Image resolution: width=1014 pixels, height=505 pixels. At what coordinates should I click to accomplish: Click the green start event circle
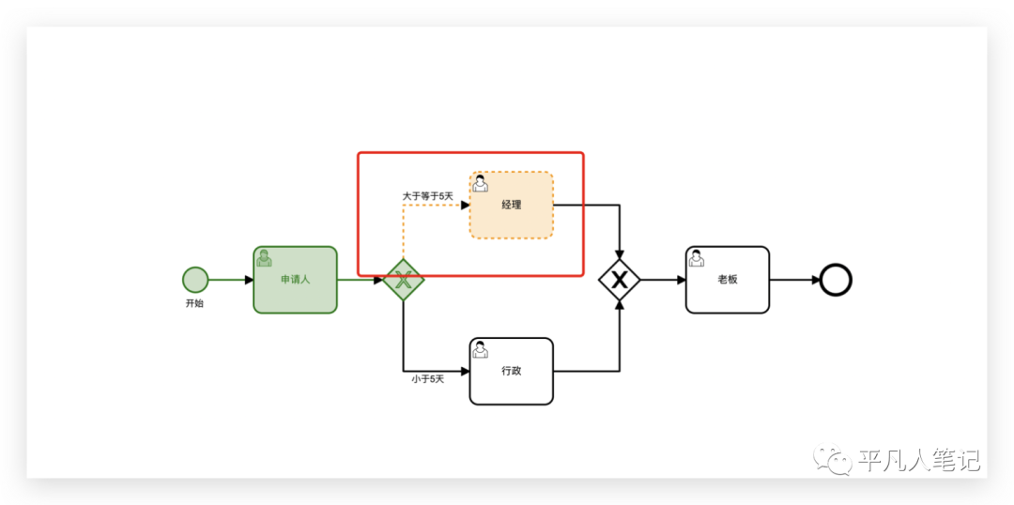[x=195, y=279]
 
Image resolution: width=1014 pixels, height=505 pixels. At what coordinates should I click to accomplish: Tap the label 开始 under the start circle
[x=194, y=304]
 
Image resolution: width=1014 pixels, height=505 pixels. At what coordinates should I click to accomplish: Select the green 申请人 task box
[x=295, y=279]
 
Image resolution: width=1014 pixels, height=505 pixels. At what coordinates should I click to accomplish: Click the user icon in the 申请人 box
[x=265, y=258]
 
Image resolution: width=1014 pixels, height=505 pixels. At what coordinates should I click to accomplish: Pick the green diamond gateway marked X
[x=404, y=279]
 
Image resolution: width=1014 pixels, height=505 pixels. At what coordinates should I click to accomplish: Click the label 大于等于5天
[x=428, y=196]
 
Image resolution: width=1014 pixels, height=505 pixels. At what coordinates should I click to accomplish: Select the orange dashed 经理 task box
[x=511, y=205]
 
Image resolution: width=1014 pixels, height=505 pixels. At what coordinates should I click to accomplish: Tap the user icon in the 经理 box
[x=480, y=183]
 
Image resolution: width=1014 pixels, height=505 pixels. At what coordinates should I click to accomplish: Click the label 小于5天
[x=427, y=379]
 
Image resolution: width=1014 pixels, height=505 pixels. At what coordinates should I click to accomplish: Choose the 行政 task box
[x=511, y=371]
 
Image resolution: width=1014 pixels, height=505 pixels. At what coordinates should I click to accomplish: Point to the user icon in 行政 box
[x=480, y=349]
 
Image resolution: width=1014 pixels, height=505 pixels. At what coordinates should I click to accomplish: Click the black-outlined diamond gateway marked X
[x=620, y=279]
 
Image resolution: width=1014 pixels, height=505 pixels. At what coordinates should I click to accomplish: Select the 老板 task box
[x=727, y=279]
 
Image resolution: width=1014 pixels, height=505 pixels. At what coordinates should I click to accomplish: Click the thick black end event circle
[x=835, y=279]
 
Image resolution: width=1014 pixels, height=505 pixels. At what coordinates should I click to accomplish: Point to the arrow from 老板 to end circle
[x=793, y=279]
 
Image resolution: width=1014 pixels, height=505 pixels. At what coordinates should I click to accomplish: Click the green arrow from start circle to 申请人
[x=231, y=279]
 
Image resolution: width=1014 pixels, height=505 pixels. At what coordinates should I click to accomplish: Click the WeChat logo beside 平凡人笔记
[x=833, y=459]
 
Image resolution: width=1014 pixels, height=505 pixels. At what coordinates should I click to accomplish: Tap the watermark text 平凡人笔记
[x=919, y=460]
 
